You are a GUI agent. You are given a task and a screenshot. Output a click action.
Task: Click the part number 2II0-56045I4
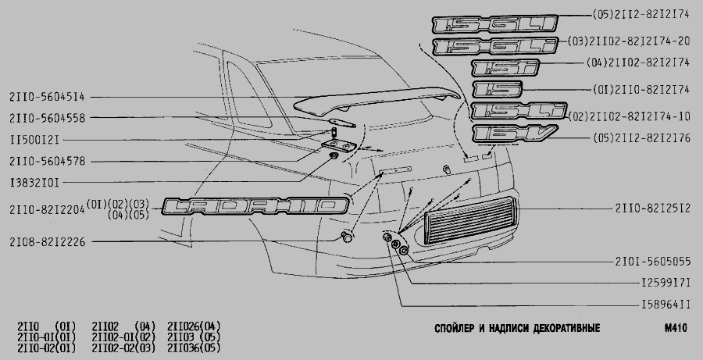47,97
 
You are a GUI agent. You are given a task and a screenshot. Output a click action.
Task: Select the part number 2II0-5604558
47,118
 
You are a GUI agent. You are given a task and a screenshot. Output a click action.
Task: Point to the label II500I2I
34,140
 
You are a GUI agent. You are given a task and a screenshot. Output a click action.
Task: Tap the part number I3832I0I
34,183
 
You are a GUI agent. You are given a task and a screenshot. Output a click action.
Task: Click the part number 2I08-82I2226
47,242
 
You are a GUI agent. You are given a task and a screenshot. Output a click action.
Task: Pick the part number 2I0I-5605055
653,262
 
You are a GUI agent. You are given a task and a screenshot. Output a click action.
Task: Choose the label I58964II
666,305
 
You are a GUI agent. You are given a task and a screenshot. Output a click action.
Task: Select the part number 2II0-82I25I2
653,209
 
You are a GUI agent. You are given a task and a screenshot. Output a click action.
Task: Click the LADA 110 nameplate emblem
255,206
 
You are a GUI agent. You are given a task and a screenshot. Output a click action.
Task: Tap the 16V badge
514,134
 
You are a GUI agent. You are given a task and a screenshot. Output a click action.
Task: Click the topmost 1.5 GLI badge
495,24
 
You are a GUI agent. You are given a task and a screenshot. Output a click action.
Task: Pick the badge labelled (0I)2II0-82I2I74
498,89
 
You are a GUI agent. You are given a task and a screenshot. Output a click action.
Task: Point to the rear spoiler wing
376,101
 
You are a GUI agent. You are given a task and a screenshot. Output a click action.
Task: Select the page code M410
676,328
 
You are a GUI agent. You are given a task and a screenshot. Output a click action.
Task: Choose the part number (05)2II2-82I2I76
641,137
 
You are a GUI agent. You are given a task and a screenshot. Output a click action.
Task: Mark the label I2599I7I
666,283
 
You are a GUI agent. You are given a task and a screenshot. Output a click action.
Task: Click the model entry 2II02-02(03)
123,348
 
